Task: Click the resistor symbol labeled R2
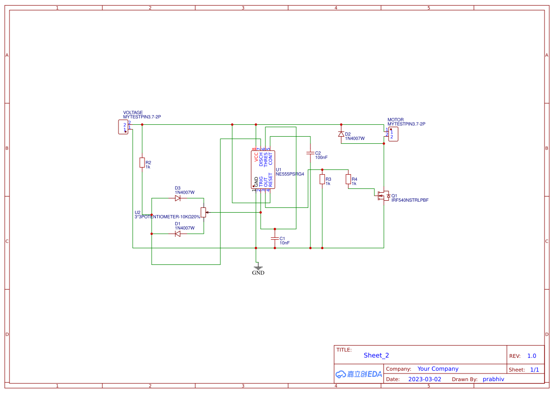tap(142, 163)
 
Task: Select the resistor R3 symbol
tap(322, 179)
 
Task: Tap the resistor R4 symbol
tap(348, 179)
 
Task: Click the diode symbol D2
tap(341, 134)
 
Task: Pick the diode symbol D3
tap(178, 198)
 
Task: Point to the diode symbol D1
tap(178, 234)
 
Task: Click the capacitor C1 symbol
tap(274, 238)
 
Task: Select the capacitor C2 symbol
tap(310, 153)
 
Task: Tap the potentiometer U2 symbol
tap(203, 212)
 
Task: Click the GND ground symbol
tap(258, 269)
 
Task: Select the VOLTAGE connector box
tap(123, 127)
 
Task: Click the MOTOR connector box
tap(393, 134)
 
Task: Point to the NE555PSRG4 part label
tap(290, 174)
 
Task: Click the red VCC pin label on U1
tap(256, 157)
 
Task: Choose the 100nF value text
tap(321, 157)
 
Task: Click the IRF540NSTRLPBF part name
tap(409, 200)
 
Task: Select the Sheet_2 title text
tap(376, 356)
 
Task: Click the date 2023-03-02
tap(425, 379)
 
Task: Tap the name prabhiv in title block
tap(493, 379)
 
